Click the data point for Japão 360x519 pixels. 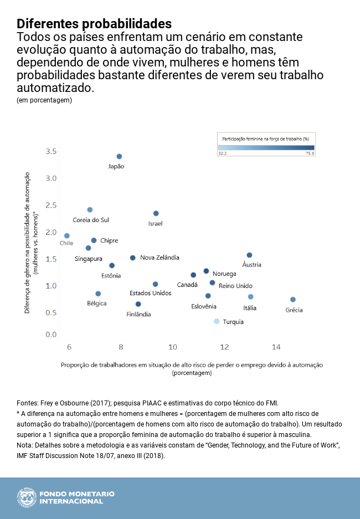[119, 157]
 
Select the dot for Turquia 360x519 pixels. [217, 321]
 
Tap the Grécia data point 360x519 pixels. [293, 300]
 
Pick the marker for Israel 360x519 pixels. [156, 213]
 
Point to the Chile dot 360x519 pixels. [67, 236]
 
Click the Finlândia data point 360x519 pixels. [138, 304]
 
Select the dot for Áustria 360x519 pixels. [249, 255]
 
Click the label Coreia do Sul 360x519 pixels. [91, 220]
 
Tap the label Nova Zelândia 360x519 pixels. [160, 258]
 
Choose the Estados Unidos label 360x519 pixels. [150, 293]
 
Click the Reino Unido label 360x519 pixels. [235, 285]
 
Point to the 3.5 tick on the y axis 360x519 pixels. [51, 151]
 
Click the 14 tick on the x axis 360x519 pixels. [276, 347]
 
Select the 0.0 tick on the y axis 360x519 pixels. [51, 335]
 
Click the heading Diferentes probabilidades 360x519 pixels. [94, 24]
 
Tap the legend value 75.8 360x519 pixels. [308, 153]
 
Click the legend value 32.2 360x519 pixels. [223, 153]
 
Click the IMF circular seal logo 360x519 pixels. [25, 497]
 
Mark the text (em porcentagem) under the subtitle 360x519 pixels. [44, 100]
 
